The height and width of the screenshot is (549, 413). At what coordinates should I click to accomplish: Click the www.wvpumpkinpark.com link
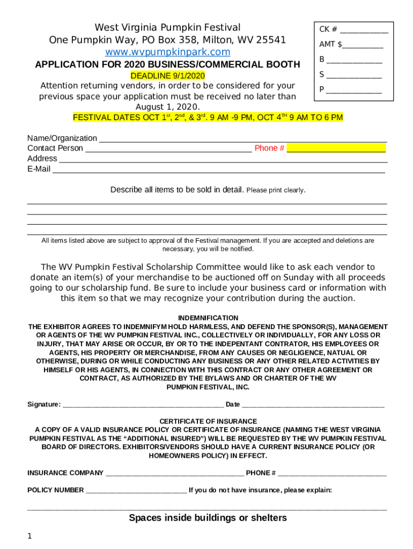167,52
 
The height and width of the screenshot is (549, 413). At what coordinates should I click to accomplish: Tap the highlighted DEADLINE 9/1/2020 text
167,76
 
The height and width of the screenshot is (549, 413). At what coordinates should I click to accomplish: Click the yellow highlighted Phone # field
336,149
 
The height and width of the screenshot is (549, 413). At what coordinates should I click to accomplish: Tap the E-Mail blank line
218,170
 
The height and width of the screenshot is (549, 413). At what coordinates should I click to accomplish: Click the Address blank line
223,160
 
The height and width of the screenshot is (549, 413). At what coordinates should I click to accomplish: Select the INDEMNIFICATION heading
208,318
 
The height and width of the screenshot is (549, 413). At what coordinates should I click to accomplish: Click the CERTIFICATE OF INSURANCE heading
208,421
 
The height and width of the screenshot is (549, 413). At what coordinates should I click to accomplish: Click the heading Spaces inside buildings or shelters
208,518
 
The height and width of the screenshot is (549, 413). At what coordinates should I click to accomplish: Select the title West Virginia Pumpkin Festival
167,27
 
